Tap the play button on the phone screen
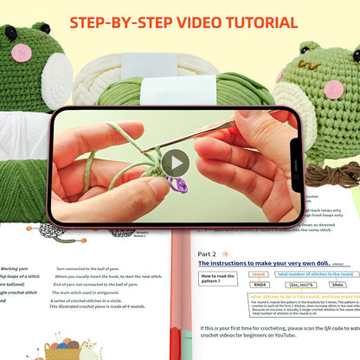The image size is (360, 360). point(176,164)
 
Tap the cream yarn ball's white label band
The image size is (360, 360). point(147,63)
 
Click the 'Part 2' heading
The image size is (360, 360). point(207,254)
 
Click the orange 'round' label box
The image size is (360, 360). point(258,273)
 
